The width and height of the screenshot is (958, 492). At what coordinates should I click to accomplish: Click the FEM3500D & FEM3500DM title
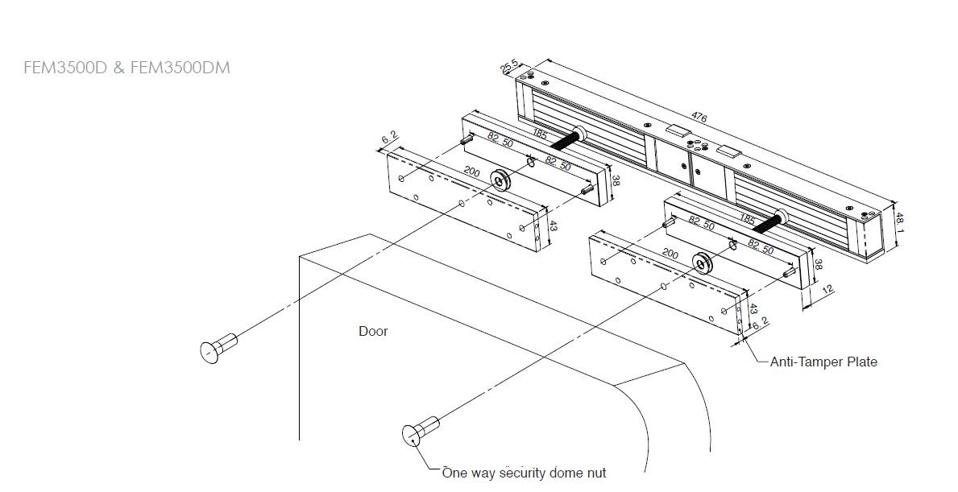(x=127, y=67)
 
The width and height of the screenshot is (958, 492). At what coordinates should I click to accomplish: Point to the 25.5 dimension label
(x=510, y=67)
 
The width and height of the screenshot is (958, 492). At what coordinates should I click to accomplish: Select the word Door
(x=373, y=332)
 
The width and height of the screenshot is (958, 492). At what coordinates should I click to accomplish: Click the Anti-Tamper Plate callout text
(x=823, y=362)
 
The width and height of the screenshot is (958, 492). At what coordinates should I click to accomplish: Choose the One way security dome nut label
(x=525, y=473)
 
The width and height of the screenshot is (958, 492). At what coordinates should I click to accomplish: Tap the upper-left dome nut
(x=218, y=348)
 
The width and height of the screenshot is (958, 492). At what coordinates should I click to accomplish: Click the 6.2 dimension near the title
(x=389, y=138)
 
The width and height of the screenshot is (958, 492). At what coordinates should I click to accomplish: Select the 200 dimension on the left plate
(x=471, y=172)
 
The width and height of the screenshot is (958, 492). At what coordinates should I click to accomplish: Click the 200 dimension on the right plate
(x=670, y=254)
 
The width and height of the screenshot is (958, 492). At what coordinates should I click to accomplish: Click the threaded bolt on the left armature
(x=567, y=140)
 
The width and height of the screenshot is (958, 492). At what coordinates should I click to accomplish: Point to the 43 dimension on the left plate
(x=554, y=225)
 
